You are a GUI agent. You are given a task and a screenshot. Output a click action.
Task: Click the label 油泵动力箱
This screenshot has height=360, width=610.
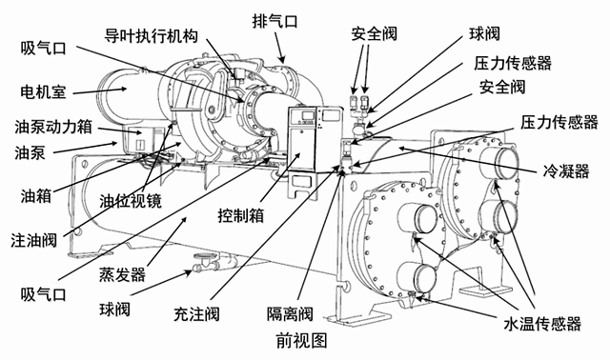[x=51, y=127]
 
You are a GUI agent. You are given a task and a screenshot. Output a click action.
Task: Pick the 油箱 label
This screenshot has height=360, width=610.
[x=35, y=194]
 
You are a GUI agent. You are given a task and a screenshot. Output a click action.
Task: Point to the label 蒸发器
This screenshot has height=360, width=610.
[x=124, y=274]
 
